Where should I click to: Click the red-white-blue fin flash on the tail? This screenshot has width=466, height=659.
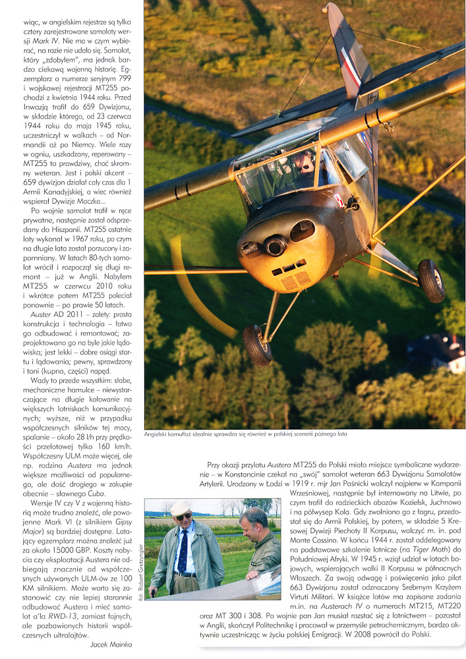(351, 67)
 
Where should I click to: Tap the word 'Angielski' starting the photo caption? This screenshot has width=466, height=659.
(159, 434)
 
